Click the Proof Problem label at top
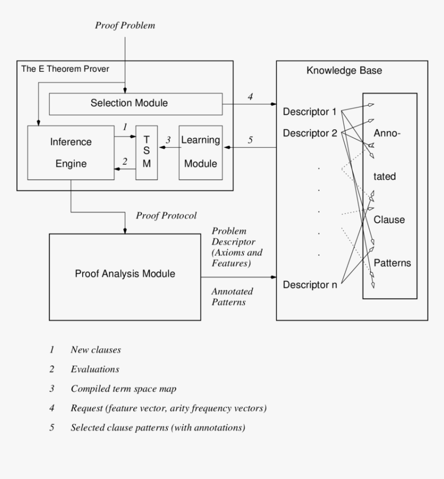click(x=125, y=25)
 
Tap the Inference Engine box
click(x=71, y=152)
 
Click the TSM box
click(x=147, y=152)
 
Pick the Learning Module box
click(x=200, y=152)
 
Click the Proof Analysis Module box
click(x=125, y=274)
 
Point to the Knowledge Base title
click(x=344, y=71)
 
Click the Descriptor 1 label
click(x=310, y=112)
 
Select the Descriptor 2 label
click(x=310, y=133)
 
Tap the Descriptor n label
click(x=310, y=284)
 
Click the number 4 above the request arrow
click(x=250, y=96)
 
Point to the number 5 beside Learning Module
click(x=250, y=140)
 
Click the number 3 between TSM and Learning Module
click(x=168, y=140)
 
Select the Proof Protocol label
click(x=166, y=215)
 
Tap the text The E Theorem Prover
click(x=65, y=69)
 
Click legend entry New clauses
click(x=96, y=350)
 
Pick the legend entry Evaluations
click(x=94, y=369)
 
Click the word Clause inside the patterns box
click(x=389, y=220)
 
